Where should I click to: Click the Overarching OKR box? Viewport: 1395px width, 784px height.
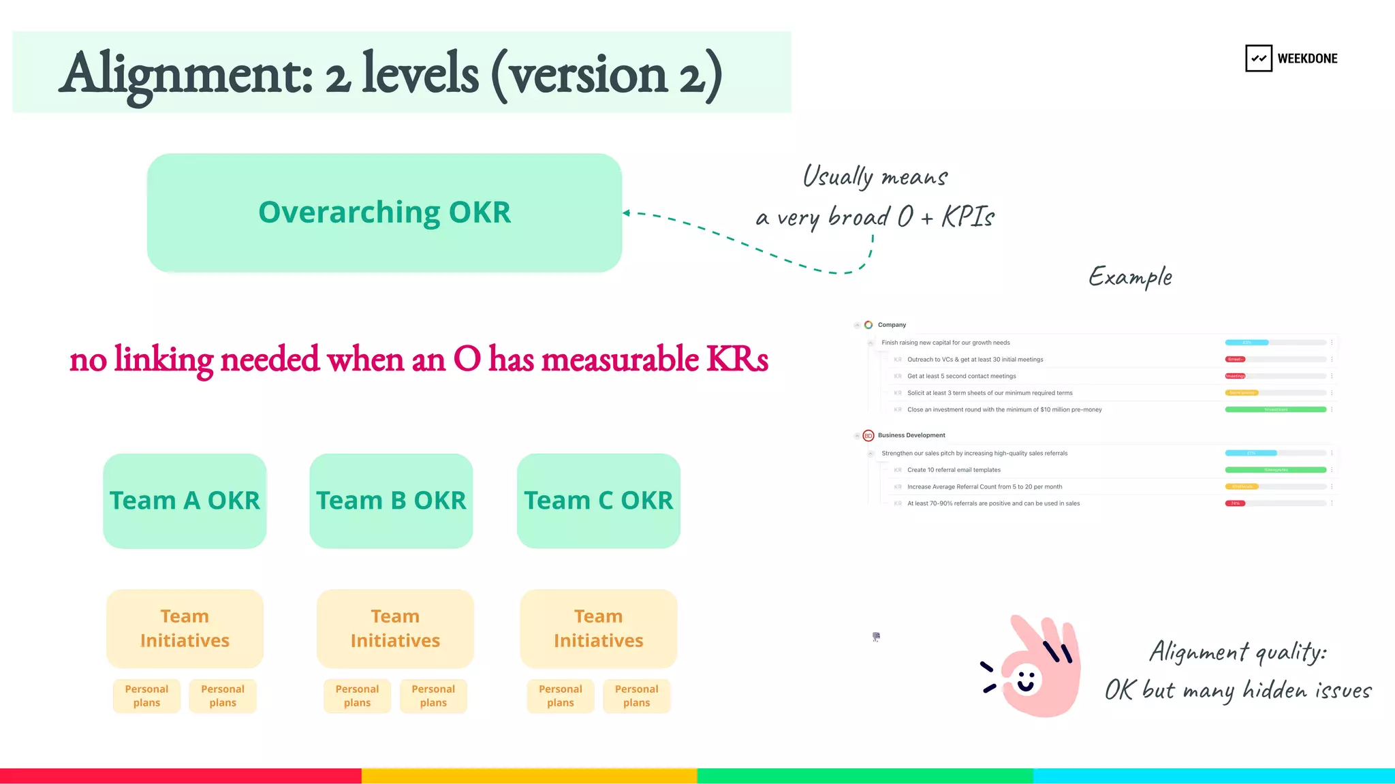[384, 213]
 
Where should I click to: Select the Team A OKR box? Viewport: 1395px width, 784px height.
[185, 501]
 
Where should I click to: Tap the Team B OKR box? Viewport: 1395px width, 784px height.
[391, 501]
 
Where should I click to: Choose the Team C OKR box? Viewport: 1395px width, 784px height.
[598, 501]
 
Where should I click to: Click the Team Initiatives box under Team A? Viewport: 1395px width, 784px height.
[185, 628]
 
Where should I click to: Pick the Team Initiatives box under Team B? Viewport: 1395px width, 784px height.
[395, 628]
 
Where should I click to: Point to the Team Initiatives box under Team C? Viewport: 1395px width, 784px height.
[598, 628]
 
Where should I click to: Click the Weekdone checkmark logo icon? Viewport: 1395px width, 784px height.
[1258, 59]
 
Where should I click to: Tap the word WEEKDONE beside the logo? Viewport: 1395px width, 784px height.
[1307, 59]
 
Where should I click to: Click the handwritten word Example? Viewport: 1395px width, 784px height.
[1130, 277]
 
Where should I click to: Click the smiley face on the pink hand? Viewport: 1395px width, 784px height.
[1026, 680]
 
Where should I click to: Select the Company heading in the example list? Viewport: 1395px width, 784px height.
[892, 325]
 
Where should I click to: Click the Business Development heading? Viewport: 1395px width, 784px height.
[911, 435]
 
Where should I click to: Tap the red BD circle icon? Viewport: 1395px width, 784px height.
[868, 435]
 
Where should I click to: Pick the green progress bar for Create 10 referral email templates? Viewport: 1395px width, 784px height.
[1275, 470]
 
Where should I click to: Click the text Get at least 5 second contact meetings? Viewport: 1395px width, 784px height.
[961, 376]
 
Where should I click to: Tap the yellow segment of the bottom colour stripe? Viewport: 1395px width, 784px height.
[529, 776]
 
